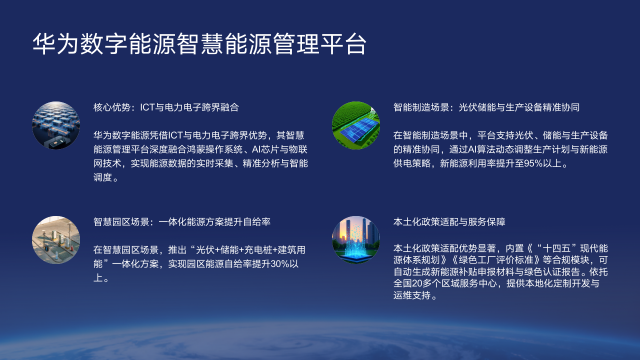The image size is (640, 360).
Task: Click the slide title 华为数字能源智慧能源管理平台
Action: pyautogui.click(x=199, y=45)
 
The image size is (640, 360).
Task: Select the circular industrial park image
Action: pyautogui.click(x=56, y=239)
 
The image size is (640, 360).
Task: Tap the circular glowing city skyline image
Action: pyautogui.click(x=356, y=239)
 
